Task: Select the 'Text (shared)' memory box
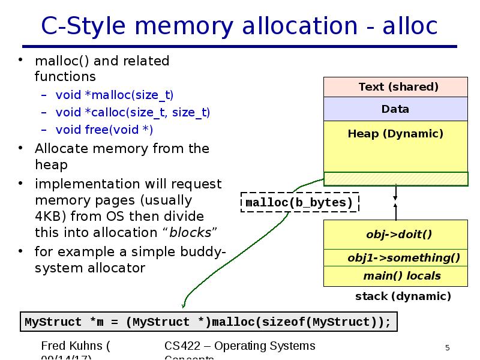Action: [x=395, y=87]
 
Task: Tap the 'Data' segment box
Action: [x=395, y=109]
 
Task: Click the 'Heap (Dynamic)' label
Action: [x=395, y=134]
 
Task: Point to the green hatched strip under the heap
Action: [x=395, y=179]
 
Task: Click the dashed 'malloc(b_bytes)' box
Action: [x=299, y=203]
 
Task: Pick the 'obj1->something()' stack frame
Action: [x=403, y=258]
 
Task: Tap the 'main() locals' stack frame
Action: [x=401, y=276]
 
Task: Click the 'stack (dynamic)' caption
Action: [x=403, y=296]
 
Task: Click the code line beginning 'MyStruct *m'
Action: [x=208, y=322]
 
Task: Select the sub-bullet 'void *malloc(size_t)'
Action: [x=115, y=95]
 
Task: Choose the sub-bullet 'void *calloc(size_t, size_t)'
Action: [x=133, y=112]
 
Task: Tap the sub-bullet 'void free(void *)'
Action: [x=104, y=130]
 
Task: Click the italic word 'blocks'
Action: [x=190, y=233]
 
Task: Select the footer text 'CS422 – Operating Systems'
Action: [x=239, y=346]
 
